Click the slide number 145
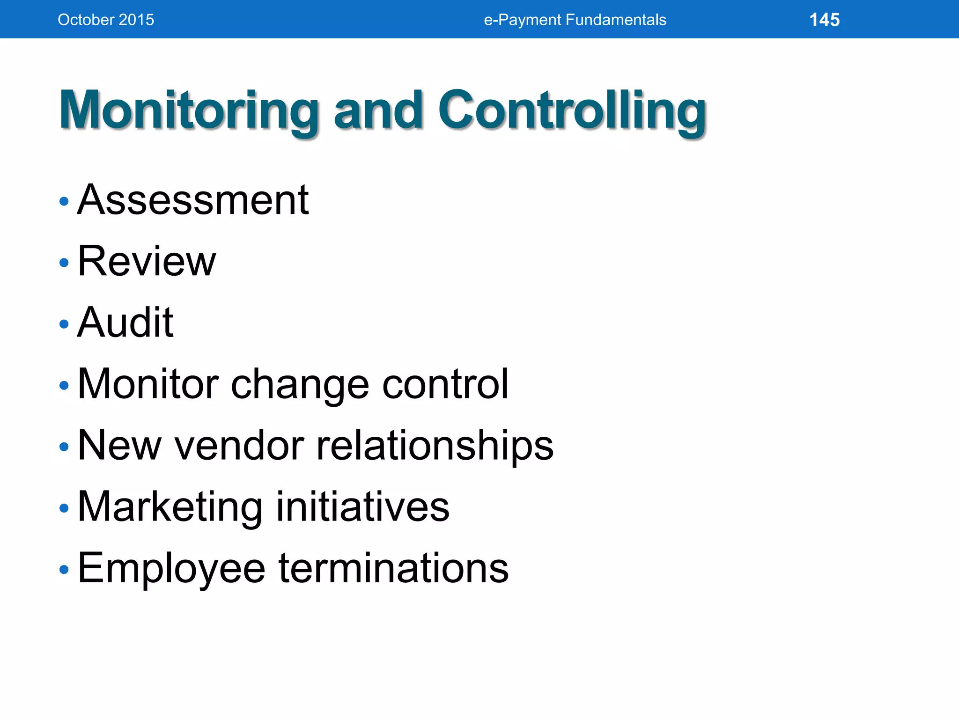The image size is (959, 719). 824,20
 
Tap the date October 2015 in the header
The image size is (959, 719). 106,20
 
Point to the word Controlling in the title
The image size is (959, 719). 572,110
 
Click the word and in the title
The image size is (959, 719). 378,110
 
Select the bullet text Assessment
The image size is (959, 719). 193,200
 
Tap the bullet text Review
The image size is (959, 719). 147,261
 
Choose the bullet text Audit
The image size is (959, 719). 125,323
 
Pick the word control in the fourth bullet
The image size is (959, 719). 445,384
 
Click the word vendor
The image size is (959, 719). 239,445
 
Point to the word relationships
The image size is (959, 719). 435,446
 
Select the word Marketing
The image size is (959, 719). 170,507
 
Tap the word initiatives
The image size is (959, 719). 363,506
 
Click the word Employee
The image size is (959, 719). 171,569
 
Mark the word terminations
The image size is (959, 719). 393,568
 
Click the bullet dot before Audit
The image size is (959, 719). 64,324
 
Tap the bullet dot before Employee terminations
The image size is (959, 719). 64,570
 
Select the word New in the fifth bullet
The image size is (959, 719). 119,445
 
